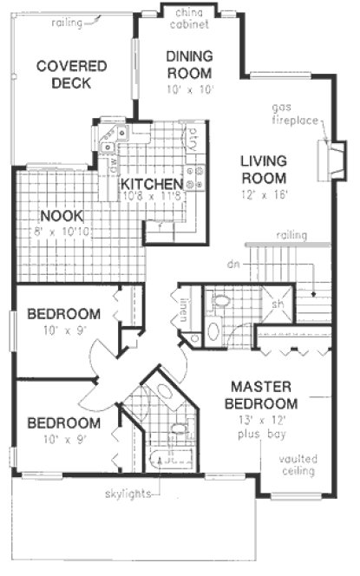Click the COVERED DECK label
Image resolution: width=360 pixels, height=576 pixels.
tap(71, 75)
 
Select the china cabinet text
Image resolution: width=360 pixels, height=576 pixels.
tap(188, 19)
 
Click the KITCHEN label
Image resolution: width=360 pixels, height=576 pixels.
tap(151, 185)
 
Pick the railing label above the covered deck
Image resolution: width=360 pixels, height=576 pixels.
tap(67, 23)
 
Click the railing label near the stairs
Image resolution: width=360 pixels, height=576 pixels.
tap(289, 236)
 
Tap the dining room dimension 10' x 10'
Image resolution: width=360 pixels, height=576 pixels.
tap(189, 88)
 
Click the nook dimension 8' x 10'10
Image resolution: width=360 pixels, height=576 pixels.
tap(60, 232)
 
